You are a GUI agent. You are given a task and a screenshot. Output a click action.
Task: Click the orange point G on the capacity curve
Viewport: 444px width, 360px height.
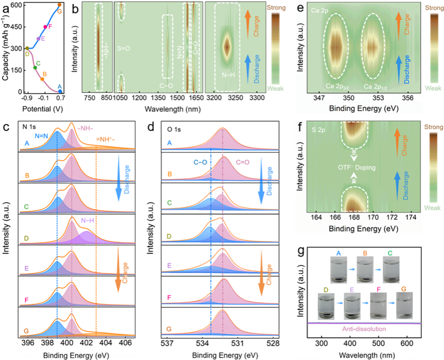pyautogui.click(x=59, y=5)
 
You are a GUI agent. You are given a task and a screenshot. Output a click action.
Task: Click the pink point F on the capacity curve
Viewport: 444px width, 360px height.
pyautogui.click(x=45, y=27)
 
